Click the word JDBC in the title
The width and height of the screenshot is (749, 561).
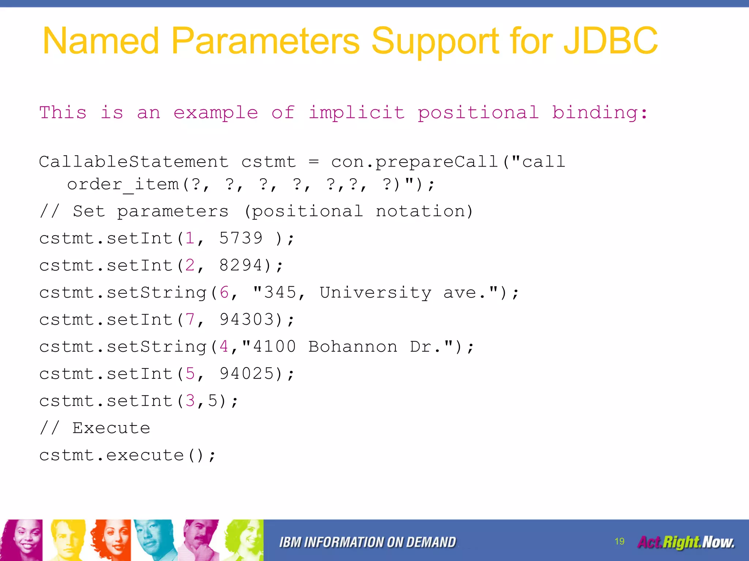610,41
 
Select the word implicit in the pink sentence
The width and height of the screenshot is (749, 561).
357,112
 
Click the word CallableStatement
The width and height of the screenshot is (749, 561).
134,162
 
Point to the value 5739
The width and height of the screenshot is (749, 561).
241,238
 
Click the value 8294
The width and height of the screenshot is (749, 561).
241,265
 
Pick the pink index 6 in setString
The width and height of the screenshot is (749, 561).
224,292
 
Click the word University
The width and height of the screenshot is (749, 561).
376,292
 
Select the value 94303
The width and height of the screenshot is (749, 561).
246,320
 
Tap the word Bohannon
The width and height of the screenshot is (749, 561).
353,347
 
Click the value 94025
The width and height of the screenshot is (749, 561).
246,374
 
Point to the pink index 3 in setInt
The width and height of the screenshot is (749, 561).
190,401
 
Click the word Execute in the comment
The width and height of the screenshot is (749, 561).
111,428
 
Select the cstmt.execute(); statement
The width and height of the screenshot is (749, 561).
127,455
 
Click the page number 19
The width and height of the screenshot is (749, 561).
619,541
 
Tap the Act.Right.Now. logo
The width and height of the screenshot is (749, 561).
686,542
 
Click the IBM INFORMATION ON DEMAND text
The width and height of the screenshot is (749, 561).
367,542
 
